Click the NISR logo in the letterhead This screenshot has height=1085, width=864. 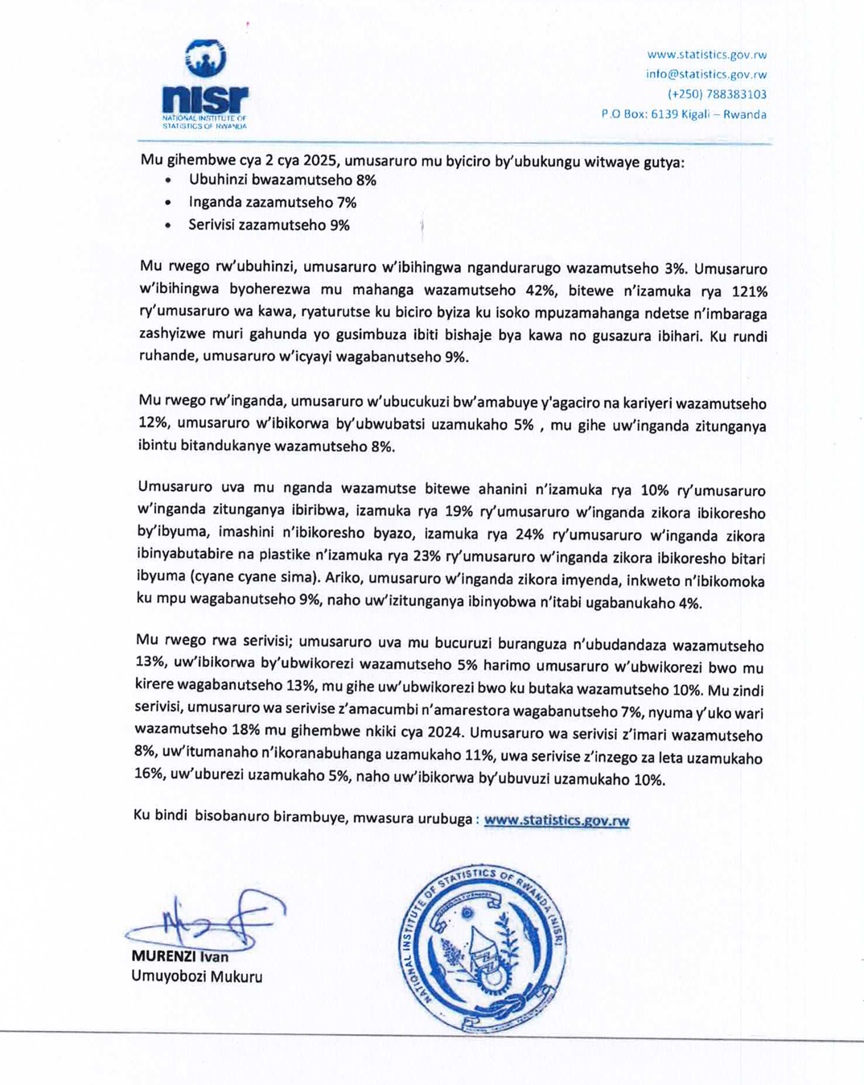click(205, 85)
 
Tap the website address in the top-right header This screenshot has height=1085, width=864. click(706, 55)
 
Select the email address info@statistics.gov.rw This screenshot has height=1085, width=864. click(706, 74)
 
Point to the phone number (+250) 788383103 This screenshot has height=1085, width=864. click(717, 94)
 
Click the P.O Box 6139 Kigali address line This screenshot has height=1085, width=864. click(684, 114)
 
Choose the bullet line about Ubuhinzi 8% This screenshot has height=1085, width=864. click(282, 180)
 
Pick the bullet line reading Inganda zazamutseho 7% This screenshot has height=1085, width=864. click(273, 203)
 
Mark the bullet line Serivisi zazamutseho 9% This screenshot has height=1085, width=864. click(269, 225)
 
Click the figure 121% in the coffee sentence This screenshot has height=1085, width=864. click(750, 291)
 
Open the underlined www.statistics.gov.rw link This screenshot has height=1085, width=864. click(557, 820)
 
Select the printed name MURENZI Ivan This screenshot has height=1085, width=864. click(180, 957)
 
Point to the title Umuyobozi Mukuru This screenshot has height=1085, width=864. click(196, 976)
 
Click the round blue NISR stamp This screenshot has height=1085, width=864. click(483, 949)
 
